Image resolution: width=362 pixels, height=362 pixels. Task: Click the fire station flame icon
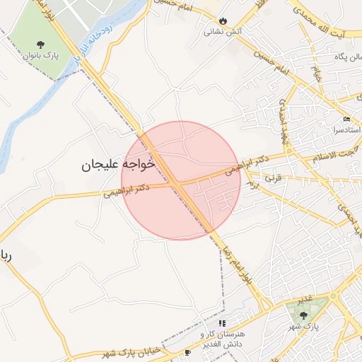(223, 21)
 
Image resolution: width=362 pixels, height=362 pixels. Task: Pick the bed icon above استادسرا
(346, 119)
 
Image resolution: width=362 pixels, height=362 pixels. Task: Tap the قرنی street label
(272, 179)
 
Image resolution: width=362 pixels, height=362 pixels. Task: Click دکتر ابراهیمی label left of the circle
(126, 189)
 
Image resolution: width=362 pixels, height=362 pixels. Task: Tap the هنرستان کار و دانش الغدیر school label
(222, 339)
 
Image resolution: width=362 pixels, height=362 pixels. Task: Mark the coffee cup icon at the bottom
(187, 352)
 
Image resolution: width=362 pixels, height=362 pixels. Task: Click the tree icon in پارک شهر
(304, 315)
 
